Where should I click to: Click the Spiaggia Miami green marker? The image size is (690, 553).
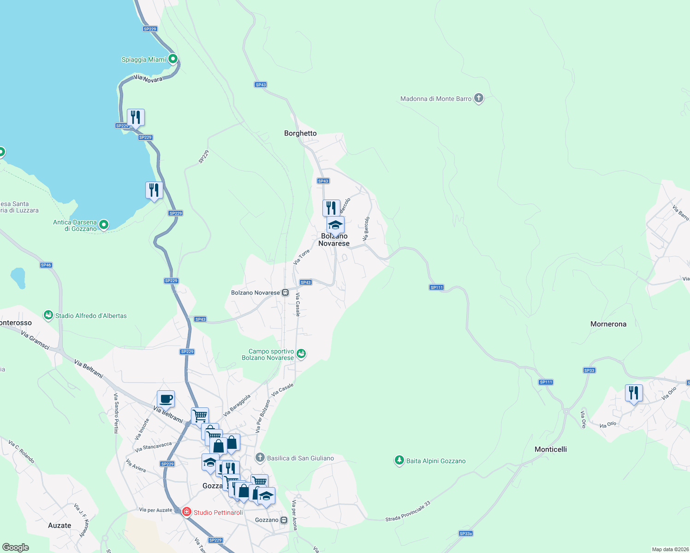click(x=173, y=59)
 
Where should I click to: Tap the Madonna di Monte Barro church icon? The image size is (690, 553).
click(x=479, y=98)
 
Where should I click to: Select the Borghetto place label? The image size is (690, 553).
click(x=300, y=133)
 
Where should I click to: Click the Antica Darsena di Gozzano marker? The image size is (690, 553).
click(x=104, y=224)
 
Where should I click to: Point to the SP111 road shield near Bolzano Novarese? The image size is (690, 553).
click(x=436, y=288)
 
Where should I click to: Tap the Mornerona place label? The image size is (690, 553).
click(x=608, y=324)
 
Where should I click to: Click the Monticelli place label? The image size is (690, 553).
click(x=551, y=449)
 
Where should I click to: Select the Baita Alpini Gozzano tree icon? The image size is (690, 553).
click(x=399, y=460)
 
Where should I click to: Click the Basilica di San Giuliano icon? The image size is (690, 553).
click(x=260, y=458)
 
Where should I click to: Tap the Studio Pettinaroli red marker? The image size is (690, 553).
click(x=187, y=512)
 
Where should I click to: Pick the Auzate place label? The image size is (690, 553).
click(x=59, y=525)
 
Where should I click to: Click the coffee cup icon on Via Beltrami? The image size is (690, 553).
click(x=166, y=399)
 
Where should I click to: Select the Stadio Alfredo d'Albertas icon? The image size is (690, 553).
click(x=48, y=315)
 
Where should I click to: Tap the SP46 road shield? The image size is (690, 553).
click(x=46, y=265)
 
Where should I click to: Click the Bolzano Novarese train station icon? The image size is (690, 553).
click(x=286, y=292)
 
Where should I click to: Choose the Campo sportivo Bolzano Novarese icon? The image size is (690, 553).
click(x=301, y=354)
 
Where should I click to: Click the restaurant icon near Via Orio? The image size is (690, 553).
click(x=634, y=393)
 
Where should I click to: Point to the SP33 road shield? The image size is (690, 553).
click(x=589, y=371)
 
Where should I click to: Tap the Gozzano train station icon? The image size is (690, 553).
click(x=284, y=520)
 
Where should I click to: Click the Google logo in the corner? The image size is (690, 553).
click(x=16, y=547)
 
